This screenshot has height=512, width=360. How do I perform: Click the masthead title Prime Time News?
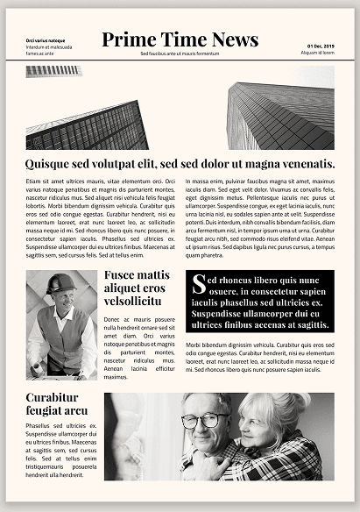(x=180, y=39)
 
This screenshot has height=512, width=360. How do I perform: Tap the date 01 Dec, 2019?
(x=321, y=46)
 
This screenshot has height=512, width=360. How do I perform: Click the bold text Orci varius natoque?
(x=45, y=40)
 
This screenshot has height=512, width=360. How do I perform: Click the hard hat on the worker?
(x=61, y=283)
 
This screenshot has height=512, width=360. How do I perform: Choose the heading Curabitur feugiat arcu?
(x=57, y=404)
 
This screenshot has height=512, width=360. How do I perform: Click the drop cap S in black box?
(x=199, y=283)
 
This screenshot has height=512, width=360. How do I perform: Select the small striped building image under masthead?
(x=53, y=70)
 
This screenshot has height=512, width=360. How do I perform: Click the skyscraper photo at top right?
(x=280, y=110)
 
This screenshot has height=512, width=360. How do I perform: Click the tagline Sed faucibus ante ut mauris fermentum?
(x=180, y=53)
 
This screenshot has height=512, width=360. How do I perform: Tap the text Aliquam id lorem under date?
(x=318, y=53)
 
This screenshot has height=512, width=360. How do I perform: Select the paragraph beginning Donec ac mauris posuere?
(x=139, y=348)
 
